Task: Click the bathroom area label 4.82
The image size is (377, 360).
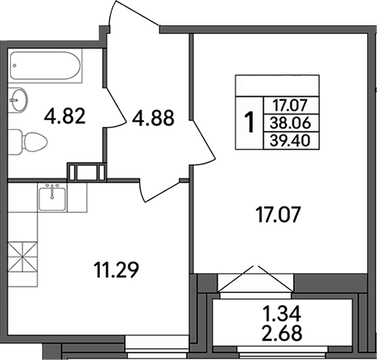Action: click(x=65, y=118)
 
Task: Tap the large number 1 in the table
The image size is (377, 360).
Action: click(x=249, y=122)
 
